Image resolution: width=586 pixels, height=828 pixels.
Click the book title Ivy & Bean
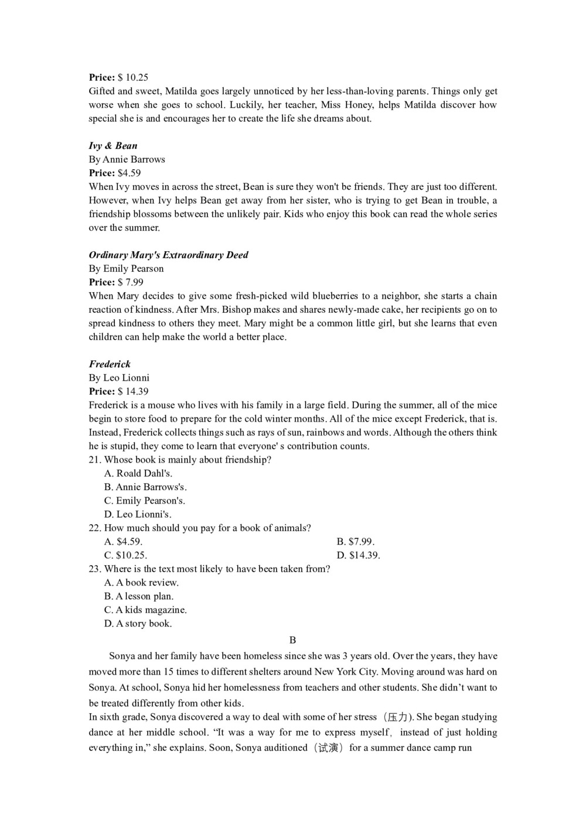click(x=113, y=146)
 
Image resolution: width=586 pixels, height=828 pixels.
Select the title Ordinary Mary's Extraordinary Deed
click(x=168, y=255)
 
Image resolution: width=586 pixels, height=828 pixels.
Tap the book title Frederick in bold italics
click(x=110, y=364)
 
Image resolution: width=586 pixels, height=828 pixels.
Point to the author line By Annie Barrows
click(x=127, y=159)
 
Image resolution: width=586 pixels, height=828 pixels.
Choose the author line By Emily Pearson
click(x=126, y=269)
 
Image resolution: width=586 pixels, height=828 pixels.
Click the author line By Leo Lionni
click(x=119, y=378)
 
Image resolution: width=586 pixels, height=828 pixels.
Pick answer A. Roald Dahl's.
click(x=138, y=473)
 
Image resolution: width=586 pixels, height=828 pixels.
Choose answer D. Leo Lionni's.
click(x=138, y=514)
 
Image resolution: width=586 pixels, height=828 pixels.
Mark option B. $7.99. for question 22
click(x=356, y=542)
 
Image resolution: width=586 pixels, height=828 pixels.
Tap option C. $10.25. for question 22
click(x=125, y=555)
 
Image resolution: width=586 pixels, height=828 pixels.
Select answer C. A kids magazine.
click(x=145, y=610)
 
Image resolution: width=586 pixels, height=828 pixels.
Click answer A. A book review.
click(x=141, y=583)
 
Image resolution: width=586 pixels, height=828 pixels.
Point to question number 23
click(x=95, y=569)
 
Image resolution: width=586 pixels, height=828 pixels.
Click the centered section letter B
click(x=293, y=640)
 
